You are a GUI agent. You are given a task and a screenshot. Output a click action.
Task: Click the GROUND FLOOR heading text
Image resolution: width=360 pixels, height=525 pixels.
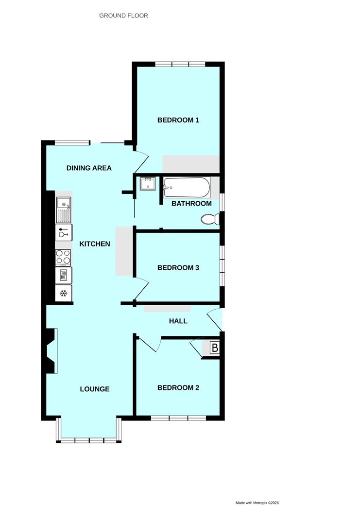(123, 16)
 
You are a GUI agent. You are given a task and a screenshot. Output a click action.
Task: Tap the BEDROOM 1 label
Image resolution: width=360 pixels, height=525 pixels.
(178, 120)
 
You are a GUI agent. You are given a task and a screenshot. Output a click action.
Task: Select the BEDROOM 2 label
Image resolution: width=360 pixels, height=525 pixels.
(178, 388)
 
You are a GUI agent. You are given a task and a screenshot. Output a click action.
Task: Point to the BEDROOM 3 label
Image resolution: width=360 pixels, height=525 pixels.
(178, 268)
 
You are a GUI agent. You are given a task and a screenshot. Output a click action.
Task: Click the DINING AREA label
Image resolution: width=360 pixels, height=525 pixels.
(89, 168)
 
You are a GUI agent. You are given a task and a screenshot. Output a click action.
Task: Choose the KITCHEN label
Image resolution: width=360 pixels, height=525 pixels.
(95, 244)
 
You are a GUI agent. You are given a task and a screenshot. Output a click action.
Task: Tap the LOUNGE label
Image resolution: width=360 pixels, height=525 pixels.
(95, 389)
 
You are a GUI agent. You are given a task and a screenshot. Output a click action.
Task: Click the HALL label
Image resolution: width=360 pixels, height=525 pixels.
(178, 321)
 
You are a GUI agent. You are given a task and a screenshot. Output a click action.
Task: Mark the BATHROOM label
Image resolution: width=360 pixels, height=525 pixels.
(191, 204)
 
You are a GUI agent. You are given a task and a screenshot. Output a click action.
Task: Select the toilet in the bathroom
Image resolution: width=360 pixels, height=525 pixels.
(210, 220)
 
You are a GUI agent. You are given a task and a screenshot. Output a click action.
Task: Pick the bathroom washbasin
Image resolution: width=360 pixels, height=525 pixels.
(148, 184)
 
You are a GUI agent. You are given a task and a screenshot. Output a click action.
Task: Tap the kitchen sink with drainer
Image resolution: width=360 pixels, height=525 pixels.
(64, 209)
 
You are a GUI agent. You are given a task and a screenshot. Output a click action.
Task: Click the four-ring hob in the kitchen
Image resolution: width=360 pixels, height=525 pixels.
(64, 257)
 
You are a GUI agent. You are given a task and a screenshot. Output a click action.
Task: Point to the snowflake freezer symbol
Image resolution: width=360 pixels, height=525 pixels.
(64, 293)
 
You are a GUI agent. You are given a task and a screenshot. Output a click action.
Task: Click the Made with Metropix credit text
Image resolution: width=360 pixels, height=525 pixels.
(257, 503)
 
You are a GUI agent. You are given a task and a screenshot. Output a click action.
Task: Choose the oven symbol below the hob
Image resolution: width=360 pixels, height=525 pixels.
(64, 275)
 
